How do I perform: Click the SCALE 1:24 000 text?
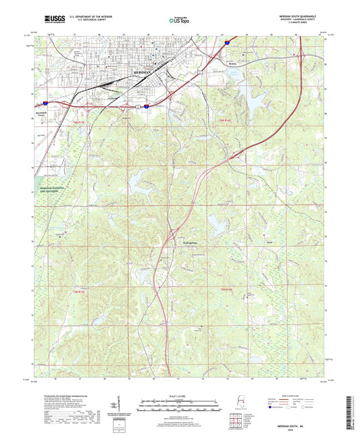[179, 395]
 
